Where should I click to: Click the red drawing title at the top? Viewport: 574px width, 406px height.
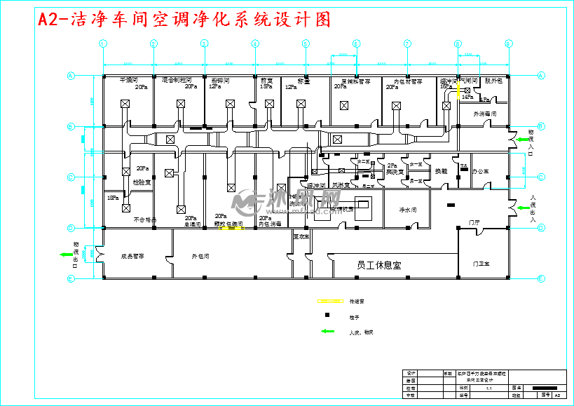point(184,20)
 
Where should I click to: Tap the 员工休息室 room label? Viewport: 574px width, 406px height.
point(378,266)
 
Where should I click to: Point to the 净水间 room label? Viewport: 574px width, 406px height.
point(408,210)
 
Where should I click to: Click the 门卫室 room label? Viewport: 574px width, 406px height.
point(481,264)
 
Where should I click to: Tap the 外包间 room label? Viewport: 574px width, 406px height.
point(200,257)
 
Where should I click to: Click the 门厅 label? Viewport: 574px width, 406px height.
point(474,222)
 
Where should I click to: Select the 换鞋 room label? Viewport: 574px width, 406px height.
point(441,170)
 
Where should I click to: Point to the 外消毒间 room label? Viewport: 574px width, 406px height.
point(485,113)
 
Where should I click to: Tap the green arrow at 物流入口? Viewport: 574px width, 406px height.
point(522,140)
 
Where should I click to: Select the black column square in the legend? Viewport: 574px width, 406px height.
point(327,316)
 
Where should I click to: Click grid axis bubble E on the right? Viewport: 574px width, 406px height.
point(542,278)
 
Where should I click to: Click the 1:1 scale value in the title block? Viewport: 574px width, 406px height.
point(488,388)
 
